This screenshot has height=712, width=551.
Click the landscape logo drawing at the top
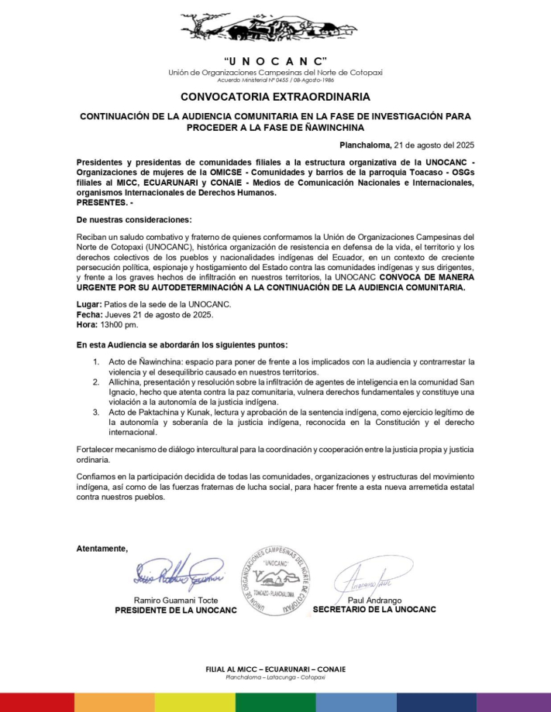point(275,29)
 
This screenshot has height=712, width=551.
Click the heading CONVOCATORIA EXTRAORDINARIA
point(275,97)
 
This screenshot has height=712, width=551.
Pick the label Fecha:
point(90,315)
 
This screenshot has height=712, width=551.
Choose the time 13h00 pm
point(120,325)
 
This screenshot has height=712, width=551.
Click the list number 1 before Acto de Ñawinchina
point(96,361)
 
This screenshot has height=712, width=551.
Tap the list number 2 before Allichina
point(96,382)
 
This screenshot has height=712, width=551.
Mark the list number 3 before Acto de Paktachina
point(96,412)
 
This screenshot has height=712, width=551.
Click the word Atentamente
point(102,548)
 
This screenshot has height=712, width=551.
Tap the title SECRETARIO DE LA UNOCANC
point(374,609)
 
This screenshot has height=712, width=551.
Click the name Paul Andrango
point(374,600)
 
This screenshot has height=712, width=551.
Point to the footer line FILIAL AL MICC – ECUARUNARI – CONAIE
point(275,669)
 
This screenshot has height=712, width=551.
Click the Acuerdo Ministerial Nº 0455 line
point(275,80)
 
